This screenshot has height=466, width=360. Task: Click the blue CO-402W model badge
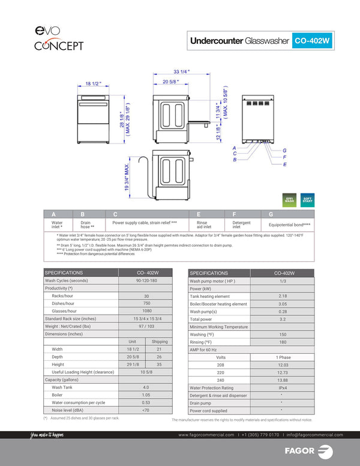(x=313, y=41)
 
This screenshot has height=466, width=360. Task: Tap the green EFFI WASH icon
(x=290, y=200)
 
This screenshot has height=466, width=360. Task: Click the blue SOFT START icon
(x=307, y=200)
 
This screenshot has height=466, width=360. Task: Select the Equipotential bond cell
(x=289, y=225)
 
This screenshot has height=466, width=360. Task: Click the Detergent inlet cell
(x=241, y=225)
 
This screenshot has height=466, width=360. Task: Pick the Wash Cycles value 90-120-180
(x=146, y=280)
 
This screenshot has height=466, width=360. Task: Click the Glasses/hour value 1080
(x=146, y=311)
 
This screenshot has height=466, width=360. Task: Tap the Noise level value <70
(x=146, y=410)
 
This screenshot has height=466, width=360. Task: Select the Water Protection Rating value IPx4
(x=283, y=388)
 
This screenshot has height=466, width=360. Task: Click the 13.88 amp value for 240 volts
(x=283, y=380)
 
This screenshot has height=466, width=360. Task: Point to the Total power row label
(x=201, y=319)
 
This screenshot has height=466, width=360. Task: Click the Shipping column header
(x=159, y=341)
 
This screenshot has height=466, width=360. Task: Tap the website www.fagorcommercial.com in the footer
(x=207, y=435)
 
